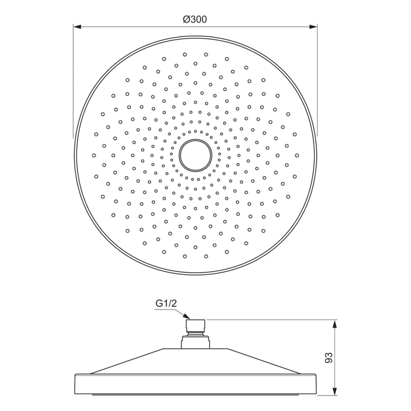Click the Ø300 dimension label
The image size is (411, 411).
[195, 19]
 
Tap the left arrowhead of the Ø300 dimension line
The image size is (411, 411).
[77, 26]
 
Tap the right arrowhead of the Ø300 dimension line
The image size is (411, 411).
[314, 26]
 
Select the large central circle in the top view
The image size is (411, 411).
[195, 155]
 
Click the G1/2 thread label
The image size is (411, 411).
[166, 304]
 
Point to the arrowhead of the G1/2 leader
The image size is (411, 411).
[187, 318]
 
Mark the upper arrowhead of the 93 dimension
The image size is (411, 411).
[335, 324]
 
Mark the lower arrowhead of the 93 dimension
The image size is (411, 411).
[335, 390]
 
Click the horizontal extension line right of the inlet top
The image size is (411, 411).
[270, 320]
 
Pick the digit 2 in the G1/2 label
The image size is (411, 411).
[174, 304]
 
